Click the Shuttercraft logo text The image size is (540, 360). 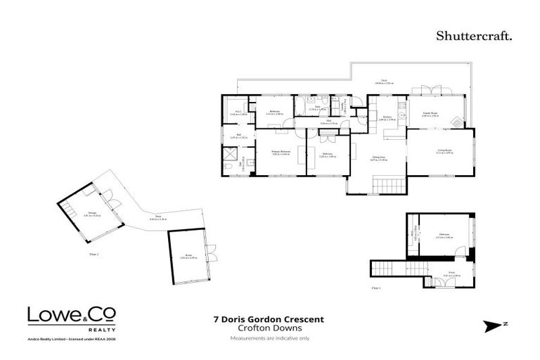(474, 35)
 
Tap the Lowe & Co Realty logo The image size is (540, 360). (72, 318)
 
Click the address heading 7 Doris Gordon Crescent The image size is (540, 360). (269, 319)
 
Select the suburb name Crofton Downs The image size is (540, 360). (269, 328)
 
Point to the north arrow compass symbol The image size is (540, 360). (496, 326)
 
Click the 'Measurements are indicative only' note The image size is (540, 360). (269, 339)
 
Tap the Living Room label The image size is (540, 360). (444, 151)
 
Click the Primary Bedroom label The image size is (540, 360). (281, 153)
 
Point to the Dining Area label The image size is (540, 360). (379, 159)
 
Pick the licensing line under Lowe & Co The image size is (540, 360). (72, 340)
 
